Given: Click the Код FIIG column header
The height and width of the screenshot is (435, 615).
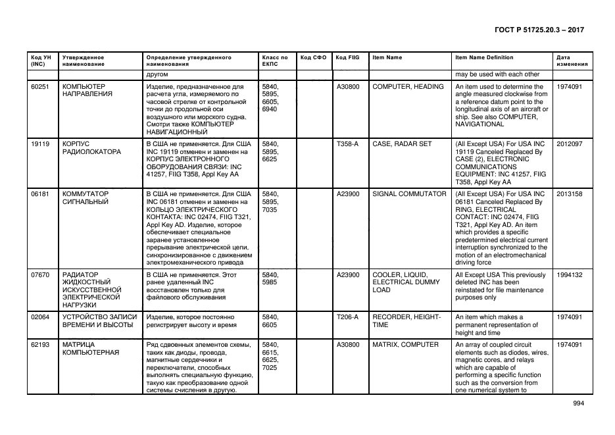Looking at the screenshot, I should [347, 57].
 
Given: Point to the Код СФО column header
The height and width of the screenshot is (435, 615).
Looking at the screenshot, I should [313, 57].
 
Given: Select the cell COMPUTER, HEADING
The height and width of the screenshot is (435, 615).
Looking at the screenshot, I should [408, 87].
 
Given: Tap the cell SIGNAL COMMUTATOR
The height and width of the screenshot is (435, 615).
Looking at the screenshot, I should [409, 194].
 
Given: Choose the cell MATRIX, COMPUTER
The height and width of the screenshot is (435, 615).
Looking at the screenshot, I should [405, 344].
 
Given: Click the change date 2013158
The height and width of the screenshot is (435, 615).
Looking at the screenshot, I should [570, 194].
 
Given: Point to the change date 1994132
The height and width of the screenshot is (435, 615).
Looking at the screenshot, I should [570, 274].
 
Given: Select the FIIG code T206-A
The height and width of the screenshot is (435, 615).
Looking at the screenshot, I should [347, 317].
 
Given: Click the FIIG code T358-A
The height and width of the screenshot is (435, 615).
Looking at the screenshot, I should [347, 143].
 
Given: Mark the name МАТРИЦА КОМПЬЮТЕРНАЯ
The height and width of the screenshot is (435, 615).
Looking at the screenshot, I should [90, 348].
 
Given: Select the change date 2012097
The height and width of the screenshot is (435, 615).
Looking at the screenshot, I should [570, 143].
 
